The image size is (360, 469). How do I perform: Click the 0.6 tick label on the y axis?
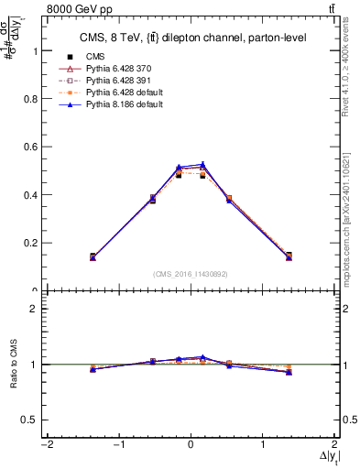(x=29, y=147)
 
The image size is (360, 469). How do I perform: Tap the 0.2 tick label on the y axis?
(x=29, y=243)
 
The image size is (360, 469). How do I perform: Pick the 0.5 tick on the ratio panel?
(x=29, y=420)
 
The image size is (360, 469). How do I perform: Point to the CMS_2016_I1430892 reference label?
(x=190, y=274)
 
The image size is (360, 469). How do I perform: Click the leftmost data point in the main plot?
(x=93, y=256)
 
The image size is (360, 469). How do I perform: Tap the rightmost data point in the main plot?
(x=289, y=256)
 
